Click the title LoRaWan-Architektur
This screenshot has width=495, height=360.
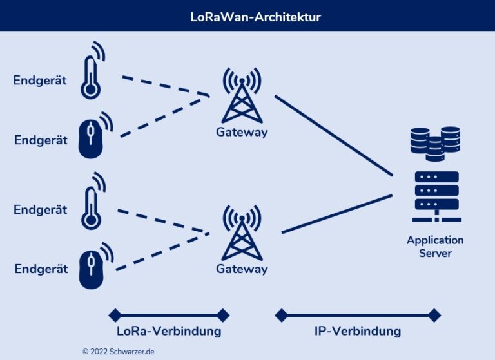247,16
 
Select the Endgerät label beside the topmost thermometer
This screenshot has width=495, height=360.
40,81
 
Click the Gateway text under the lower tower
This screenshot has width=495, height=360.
241,269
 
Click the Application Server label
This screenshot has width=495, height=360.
435,246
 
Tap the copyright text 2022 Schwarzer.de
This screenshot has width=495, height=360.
118,352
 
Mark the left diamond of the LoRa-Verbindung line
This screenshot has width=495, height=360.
115,315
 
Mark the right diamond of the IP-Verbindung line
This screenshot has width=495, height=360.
434,315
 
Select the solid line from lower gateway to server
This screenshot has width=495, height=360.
336,213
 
